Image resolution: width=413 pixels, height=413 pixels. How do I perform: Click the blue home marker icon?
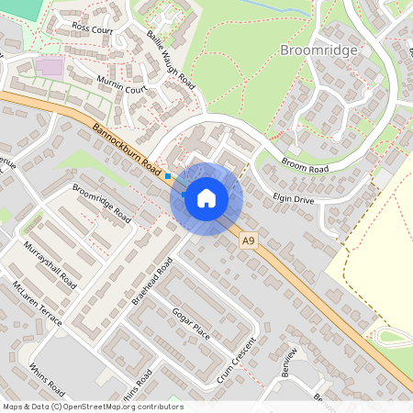[x=206, y=197]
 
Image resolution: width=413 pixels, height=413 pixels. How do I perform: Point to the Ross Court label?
[x=92, y=29]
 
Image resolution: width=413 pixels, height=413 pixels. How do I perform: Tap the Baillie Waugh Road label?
[x=171, y=59]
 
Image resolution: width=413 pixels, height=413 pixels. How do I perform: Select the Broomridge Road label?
[x=101, y=204]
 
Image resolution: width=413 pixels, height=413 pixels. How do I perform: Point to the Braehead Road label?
[x=152, y=281]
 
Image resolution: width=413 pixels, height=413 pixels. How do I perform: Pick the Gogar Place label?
[x=191, y=323]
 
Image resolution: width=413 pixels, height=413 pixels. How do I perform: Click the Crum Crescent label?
[x=238, y=361]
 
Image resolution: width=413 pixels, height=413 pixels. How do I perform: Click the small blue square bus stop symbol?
[x=168, y=175]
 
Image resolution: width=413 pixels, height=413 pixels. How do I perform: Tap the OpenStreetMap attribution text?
[x=92, y=406]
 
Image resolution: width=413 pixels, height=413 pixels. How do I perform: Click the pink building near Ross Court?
[x=51, y=67]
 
